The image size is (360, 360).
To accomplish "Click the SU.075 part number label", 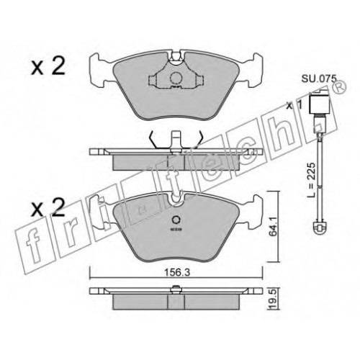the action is (x=319, y=78).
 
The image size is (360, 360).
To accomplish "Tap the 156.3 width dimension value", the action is (x=177, y=273).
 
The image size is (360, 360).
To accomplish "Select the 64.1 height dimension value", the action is (x=274, y=226).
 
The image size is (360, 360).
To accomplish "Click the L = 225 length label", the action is (x=311, y=180).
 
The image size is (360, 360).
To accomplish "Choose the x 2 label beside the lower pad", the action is (x=48, y=207).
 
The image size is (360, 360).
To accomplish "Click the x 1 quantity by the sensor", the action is (x=294, y=106).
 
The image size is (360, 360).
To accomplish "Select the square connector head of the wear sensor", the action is (x=318, y=102).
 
